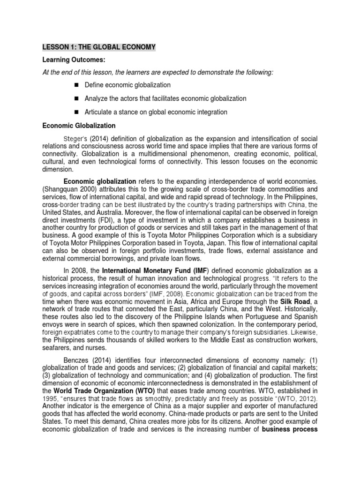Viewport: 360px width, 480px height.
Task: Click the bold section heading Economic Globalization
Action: [79, 126]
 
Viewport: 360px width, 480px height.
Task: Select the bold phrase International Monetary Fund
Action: [142, 270]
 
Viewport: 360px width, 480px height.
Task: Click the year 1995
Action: [51, 398]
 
